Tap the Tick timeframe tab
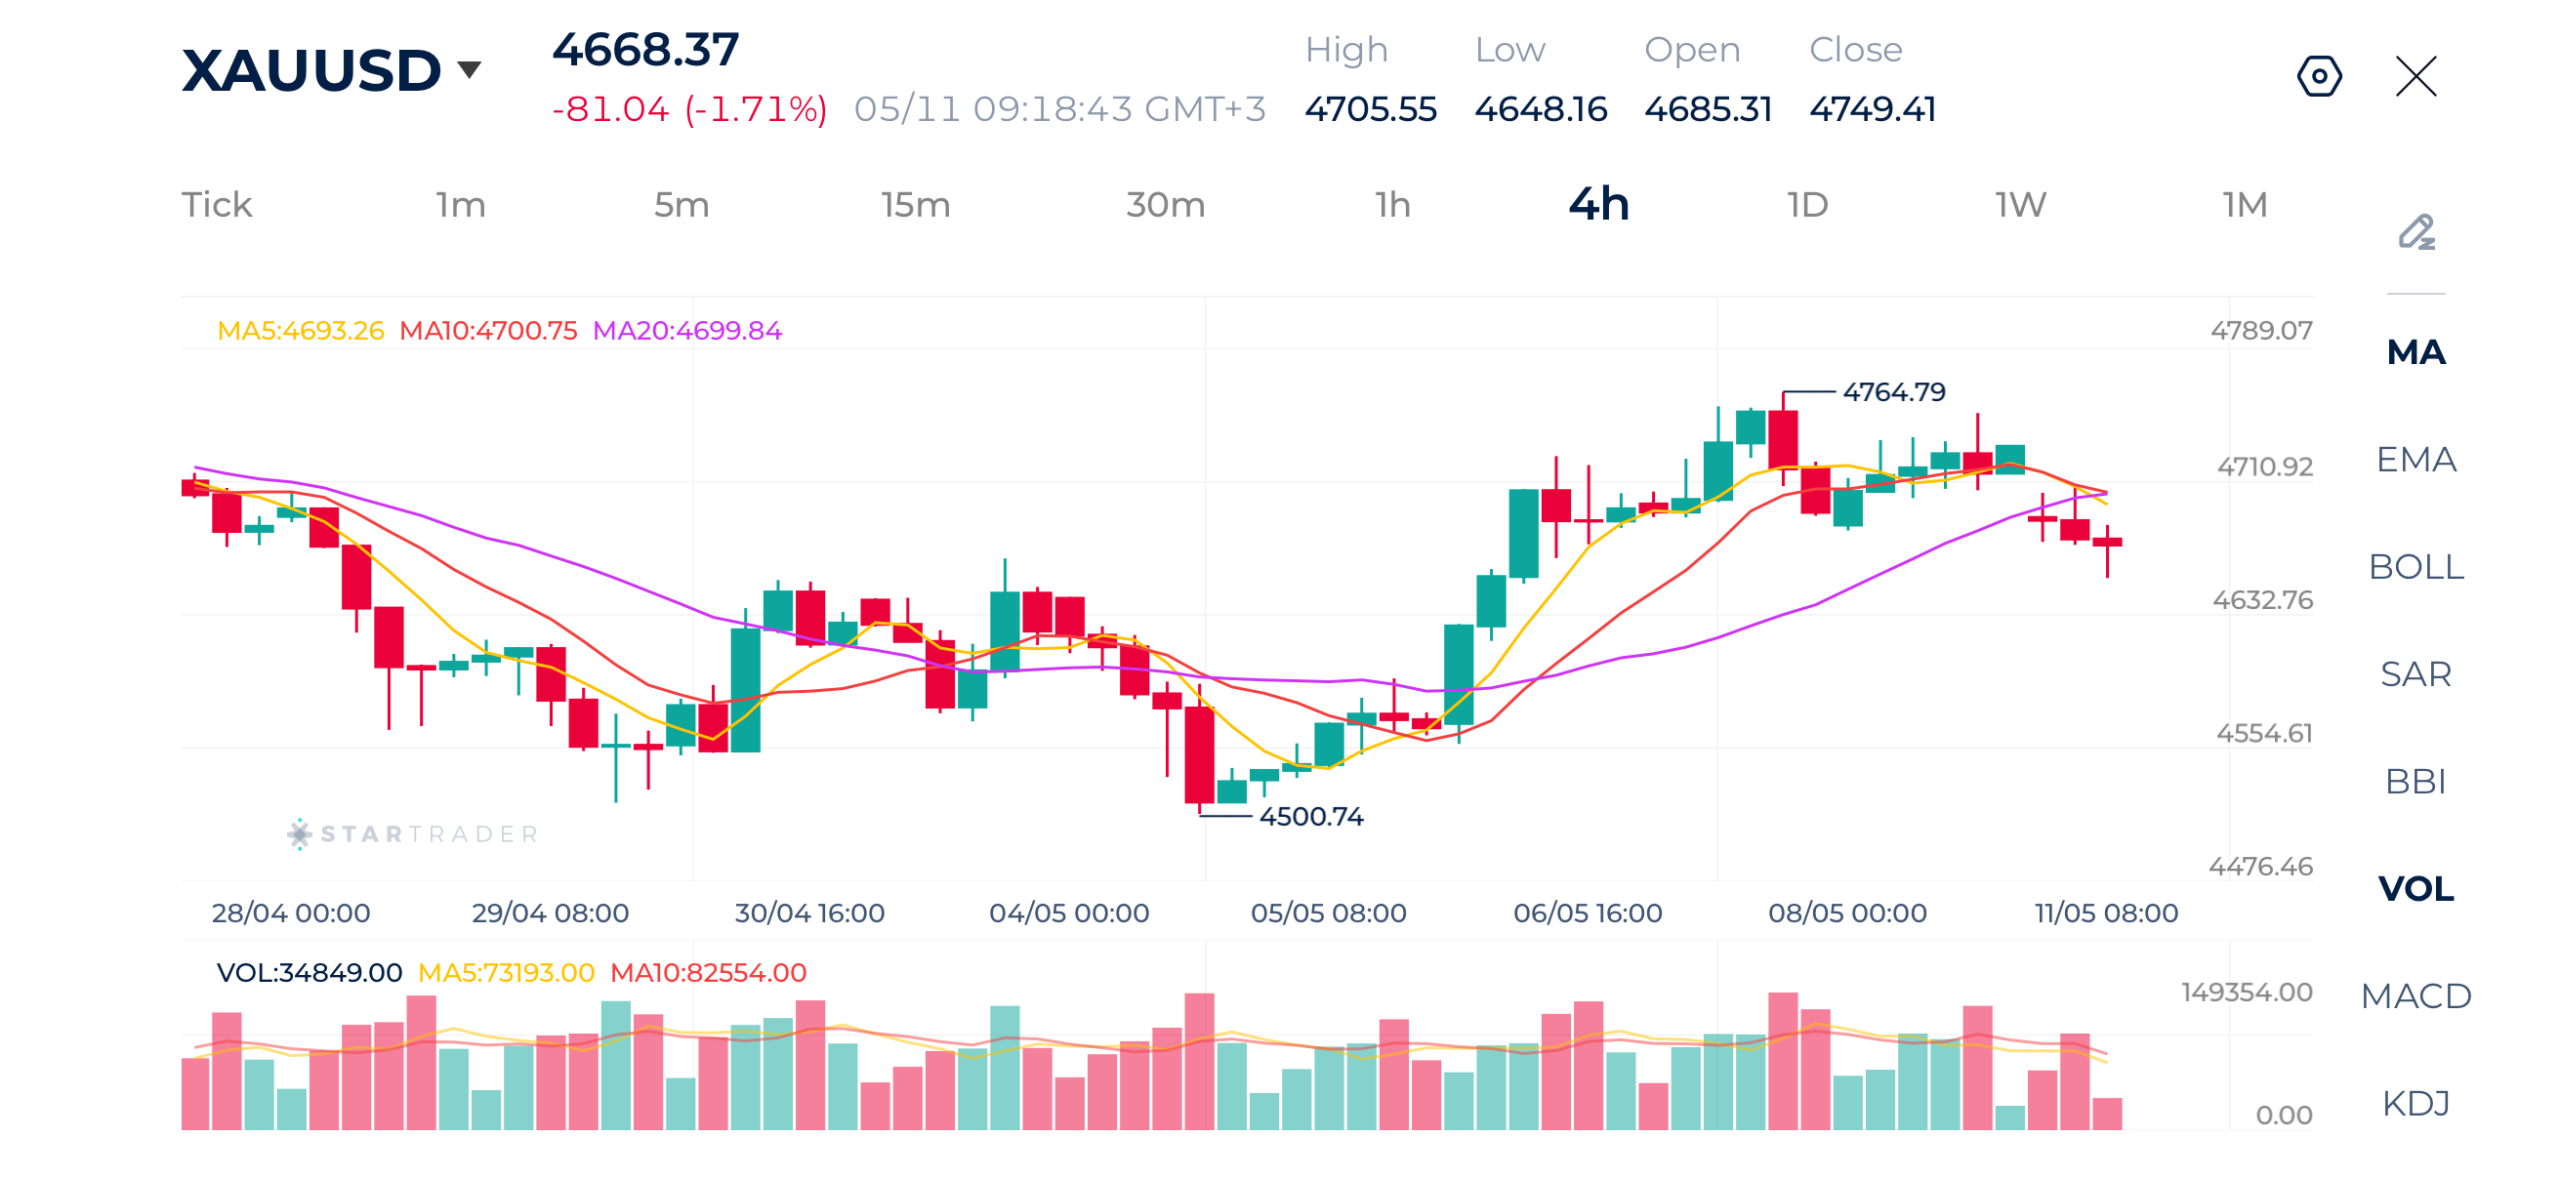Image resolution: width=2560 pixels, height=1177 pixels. click(x=216, y=204)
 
